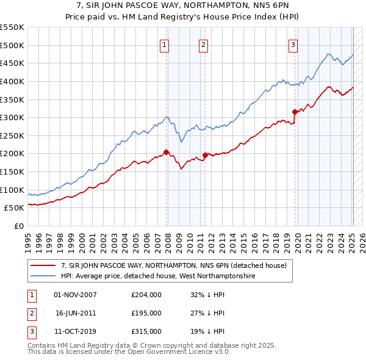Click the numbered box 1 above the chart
[165, 44]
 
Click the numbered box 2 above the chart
[203, 44]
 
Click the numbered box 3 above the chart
[293, 44]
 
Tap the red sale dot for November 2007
[167, 153]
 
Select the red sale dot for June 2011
[205, 155]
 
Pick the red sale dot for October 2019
[295, 112]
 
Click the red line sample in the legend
[43, 265]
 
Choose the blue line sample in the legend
[43, 276]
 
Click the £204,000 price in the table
[146, 295]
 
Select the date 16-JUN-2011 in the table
[76, 313]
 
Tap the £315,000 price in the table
[146, 331]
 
